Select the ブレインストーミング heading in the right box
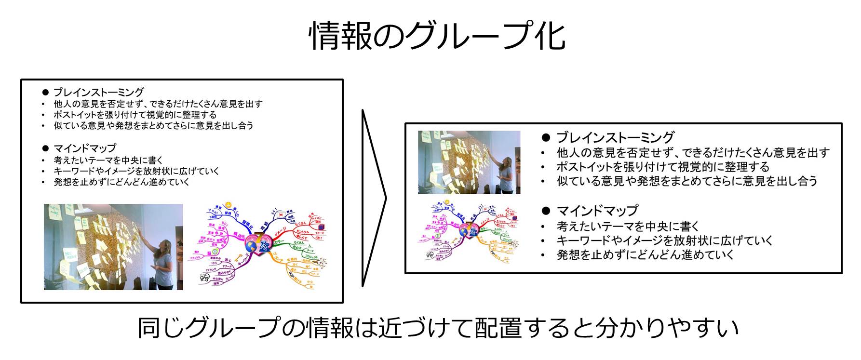pos(615,137)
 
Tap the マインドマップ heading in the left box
pos(84,148)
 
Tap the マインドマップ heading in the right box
pos(597,211)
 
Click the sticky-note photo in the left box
pos(113,246)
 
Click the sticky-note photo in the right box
pos(469,162)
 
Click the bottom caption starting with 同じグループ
pos(438,328)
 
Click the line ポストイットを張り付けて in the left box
pos(135,115)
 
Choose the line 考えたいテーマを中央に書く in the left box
pos(108,160)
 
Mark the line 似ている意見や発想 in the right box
pos(687,181)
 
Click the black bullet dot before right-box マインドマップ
pos(546,211)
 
